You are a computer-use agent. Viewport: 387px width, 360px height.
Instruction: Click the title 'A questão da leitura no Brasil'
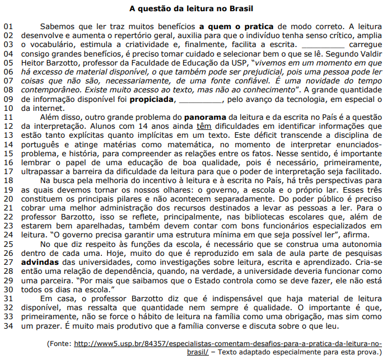(x=191, y=8)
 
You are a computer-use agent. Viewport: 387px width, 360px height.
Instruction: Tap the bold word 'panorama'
(x=204, y=118)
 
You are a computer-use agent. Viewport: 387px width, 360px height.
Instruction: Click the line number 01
(x=8, y=26)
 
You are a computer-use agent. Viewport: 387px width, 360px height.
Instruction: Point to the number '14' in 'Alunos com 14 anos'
(x=141, y=127)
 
